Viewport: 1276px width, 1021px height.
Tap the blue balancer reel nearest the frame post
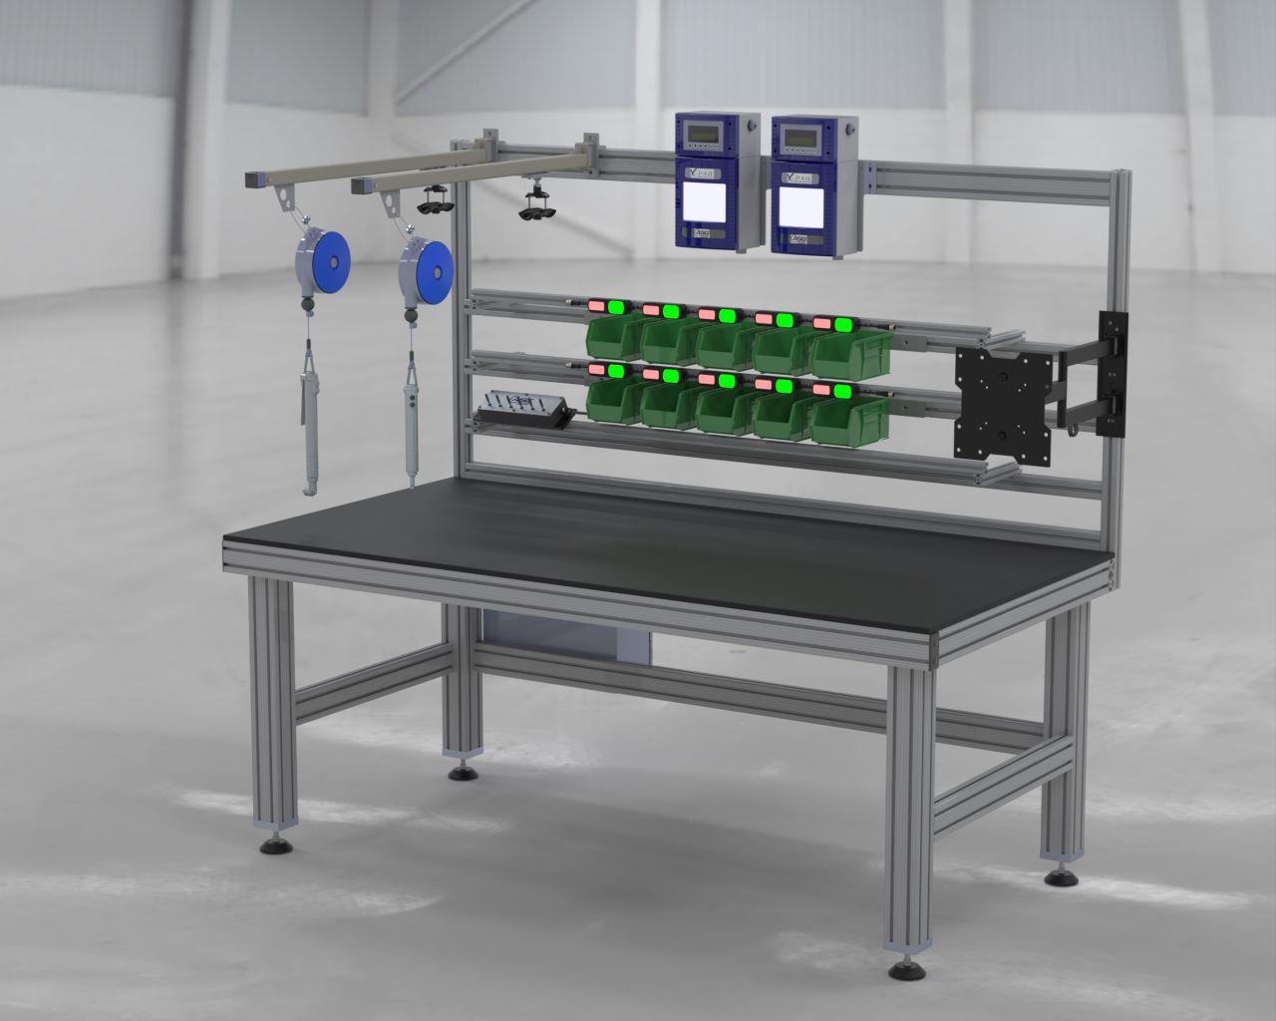pyautogui.click(x=426, y=269)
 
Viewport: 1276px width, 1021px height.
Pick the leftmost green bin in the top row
pyautogui.click(x=612, y=336)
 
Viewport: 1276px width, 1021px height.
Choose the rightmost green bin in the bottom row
pyautogui.click(x=849, y=419)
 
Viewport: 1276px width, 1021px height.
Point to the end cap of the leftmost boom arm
pyautogui.click(x=250, y=179)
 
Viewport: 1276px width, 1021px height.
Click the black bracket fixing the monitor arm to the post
pyautogui.click(x=1111, y=374)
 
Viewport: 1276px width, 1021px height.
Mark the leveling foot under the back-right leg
pyautogui.click(x=1061, y=877)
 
